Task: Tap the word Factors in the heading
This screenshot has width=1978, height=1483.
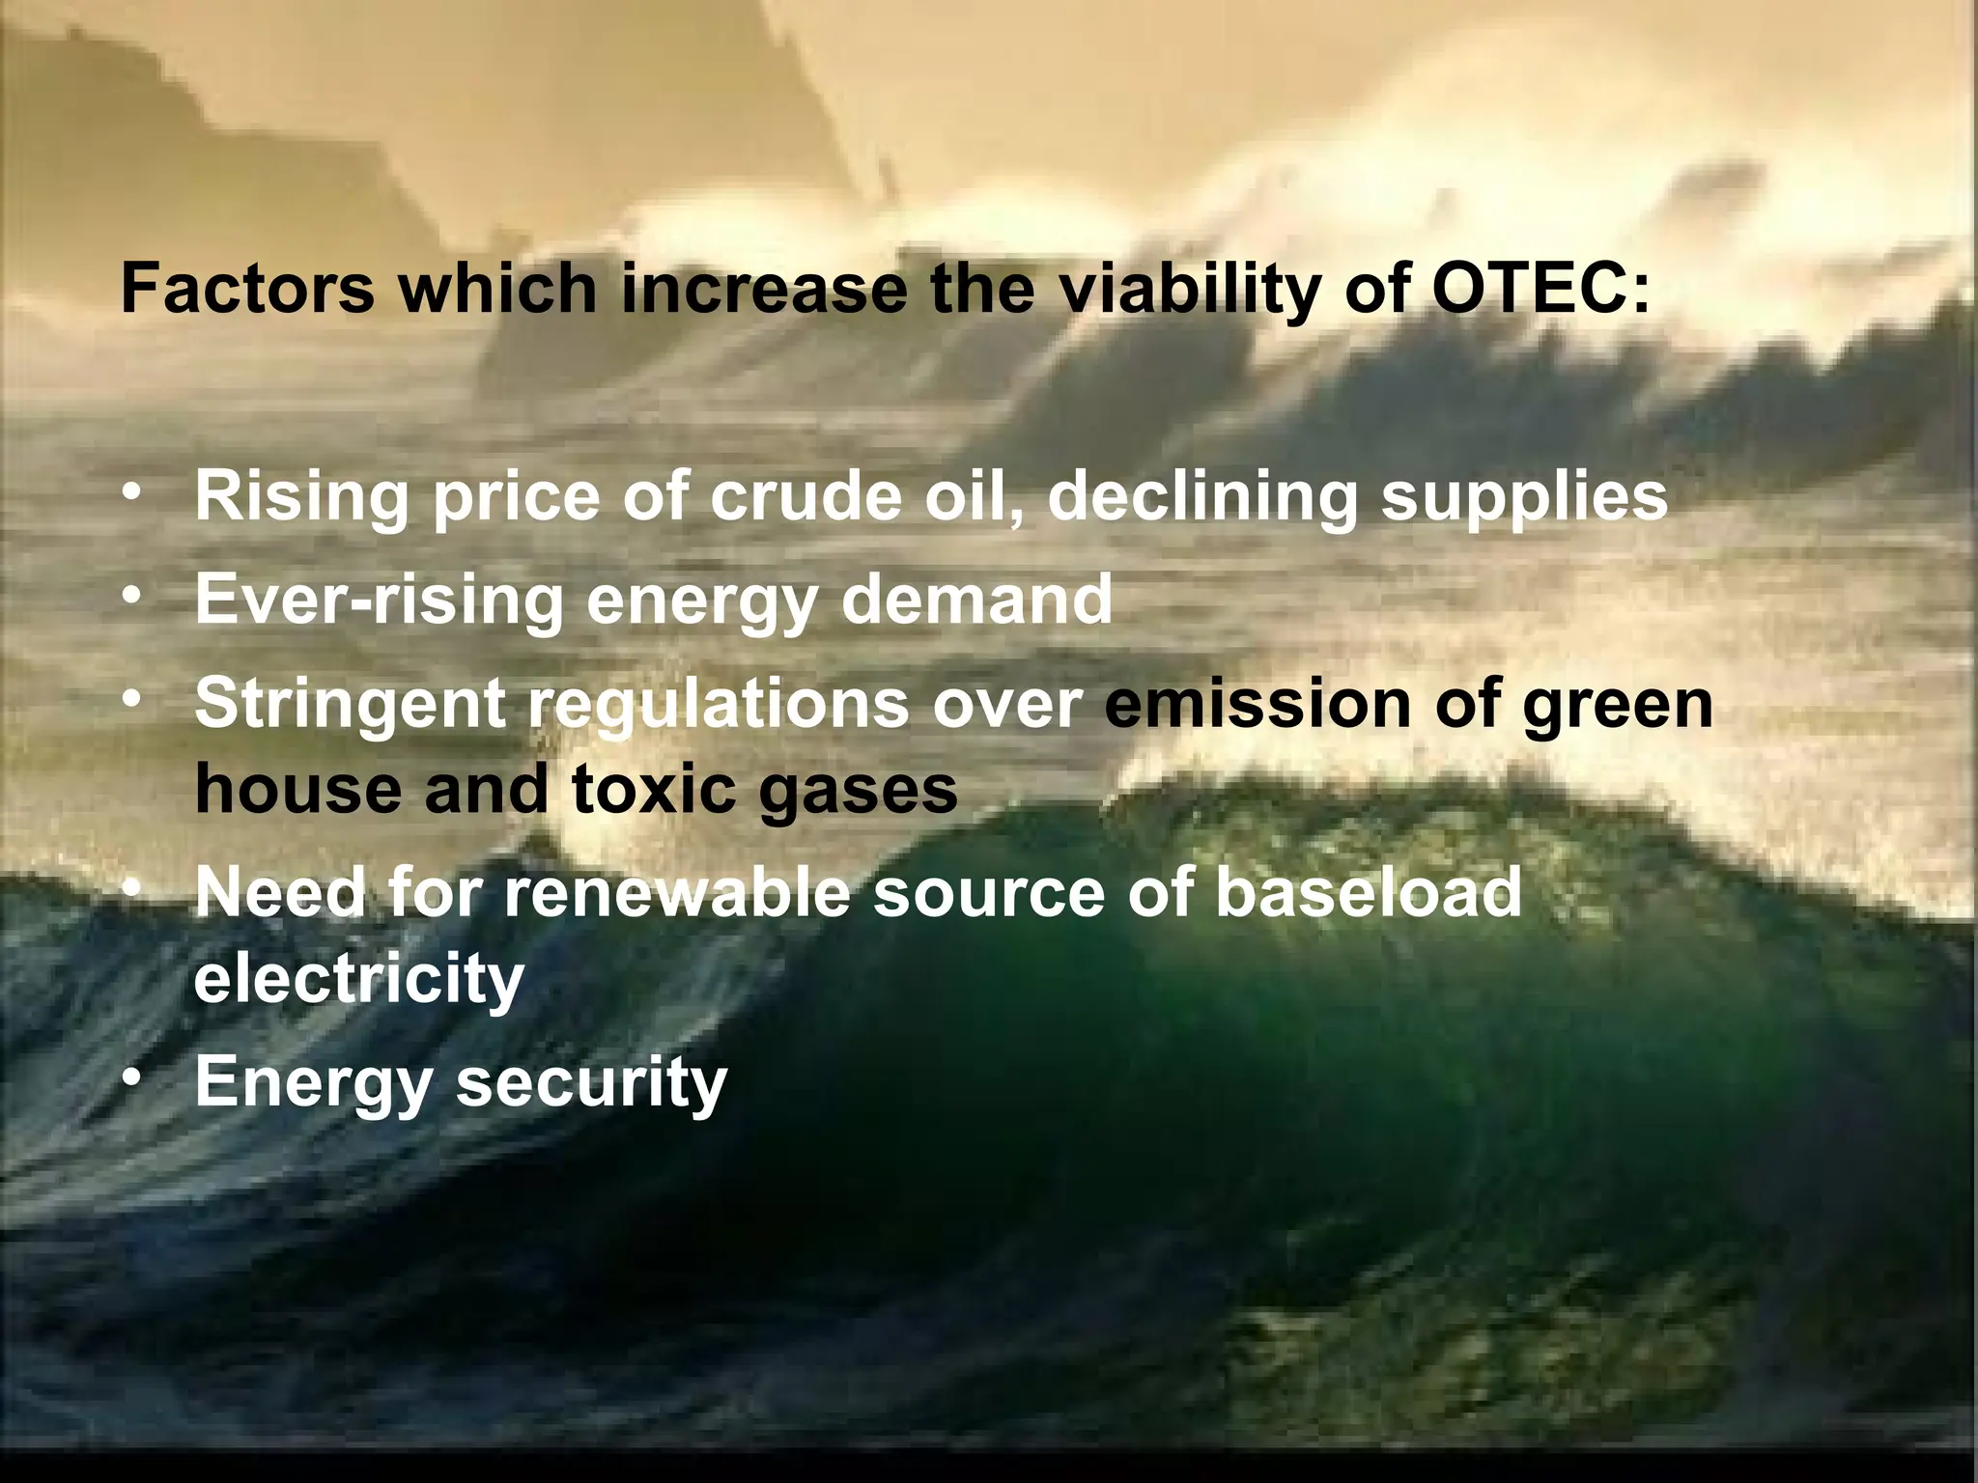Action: point(247,288)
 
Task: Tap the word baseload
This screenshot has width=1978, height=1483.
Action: point(1368,892)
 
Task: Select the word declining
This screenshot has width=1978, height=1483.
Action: point(1202,497)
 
